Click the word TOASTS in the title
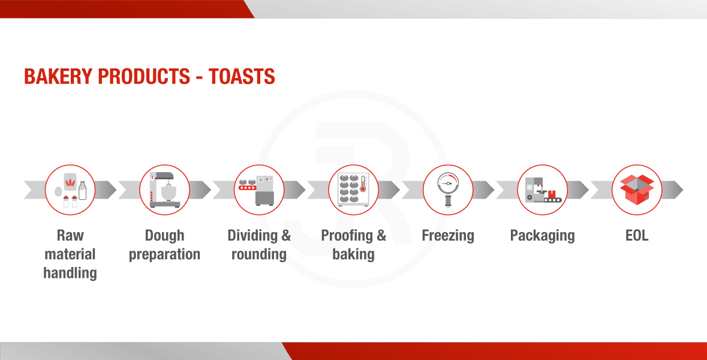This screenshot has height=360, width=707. (x=242, y=76)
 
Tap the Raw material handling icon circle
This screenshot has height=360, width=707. (x=70, y=190)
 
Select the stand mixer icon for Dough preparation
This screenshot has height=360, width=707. (x=164, y=190)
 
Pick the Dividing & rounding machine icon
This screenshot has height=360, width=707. (x=257, y=190)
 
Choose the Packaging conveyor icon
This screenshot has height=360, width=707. (x=543, y=190)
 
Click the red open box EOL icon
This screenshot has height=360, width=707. (x=637, y=190)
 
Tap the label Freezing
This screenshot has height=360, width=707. (x=448, y=236)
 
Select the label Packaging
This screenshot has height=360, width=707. (x=543, y=236)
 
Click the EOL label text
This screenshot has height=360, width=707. (x=637, y=235)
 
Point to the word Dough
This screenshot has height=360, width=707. (x=164, y=236)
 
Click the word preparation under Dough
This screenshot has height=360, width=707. (x=164, y=255)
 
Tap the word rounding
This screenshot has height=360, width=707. (x=259, y=254)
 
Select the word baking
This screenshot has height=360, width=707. (x=354, y=254)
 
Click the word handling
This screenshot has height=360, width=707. (x=70, y=273)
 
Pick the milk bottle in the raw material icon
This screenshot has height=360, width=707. (x=82, y=191)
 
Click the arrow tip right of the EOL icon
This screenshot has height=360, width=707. (x=683, y=190)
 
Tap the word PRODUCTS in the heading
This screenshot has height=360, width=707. (x=145, y=76)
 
